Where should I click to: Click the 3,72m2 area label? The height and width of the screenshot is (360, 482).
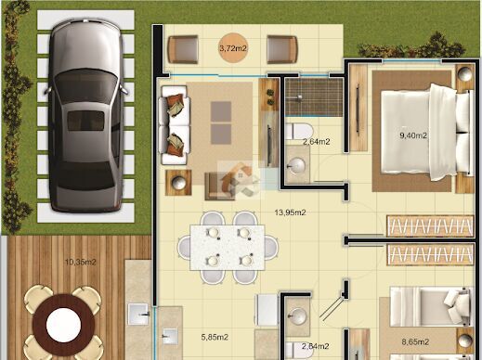click(x=233, y=48)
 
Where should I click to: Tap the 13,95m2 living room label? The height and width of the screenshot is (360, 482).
click(x=290, y=212)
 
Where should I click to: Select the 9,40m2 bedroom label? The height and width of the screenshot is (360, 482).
click(x=413, y=135)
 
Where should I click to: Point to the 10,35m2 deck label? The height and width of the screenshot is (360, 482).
click(x=81, y=263)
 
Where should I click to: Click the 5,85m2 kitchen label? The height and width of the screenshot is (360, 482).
click(x=215, y=337)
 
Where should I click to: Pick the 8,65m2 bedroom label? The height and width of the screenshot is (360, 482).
click(x=415, y=341)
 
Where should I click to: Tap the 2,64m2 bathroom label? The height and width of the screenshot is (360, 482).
click(x=316, y=142)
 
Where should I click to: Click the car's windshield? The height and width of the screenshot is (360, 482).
click(x=85, y=84)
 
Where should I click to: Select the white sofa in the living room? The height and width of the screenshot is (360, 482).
click(x=174, y=125)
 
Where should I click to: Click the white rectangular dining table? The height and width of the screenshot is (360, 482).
click(x=228, y=248)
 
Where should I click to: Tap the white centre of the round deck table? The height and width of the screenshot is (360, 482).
click(x=63, y=325)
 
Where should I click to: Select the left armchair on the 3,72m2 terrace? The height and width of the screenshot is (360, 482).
click(x=183, y=49)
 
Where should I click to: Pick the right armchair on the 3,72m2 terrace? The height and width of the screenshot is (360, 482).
click(x=282, y=49)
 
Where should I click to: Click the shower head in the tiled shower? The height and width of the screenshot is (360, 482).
click(x=299, y=97)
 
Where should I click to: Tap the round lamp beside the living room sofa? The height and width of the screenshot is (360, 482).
click(x=178, y=182)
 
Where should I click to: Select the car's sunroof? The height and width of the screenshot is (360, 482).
click(x=85, y=121)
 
